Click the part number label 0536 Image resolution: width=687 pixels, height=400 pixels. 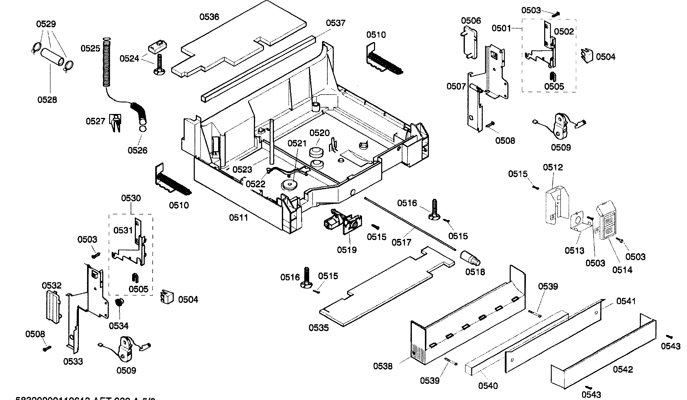tap(209, 17)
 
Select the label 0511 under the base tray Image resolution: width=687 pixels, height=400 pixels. tap(239, 218)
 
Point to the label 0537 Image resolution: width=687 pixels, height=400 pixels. tap(336, 23)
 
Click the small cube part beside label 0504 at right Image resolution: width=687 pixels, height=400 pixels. tap(587, 56)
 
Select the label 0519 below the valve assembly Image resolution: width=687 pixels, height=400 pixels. tap(347, 250)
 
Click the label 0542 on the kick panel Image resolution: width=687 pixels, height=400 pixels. tap(623, 370)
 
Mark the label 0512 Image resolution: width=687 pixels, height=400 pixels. tap(553, 167)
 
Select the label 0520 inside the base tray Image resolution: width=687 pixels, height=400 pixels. tap(320, 133)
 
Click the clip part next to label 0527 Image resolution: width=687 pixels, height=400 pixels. tap(115, 122)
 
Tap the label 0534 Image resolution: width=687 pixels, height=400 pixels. tap(119, 326)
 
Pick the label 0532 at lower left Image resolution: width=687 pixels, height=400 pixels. tap(52, 286)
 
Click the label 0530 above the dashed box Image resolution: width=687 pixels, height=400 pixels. tap(131, 198)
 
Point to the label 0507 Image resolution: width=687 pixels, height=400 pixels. tap(456, 87)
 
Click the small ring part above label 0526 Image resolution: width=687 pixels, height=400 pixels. tap(143, 128)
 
